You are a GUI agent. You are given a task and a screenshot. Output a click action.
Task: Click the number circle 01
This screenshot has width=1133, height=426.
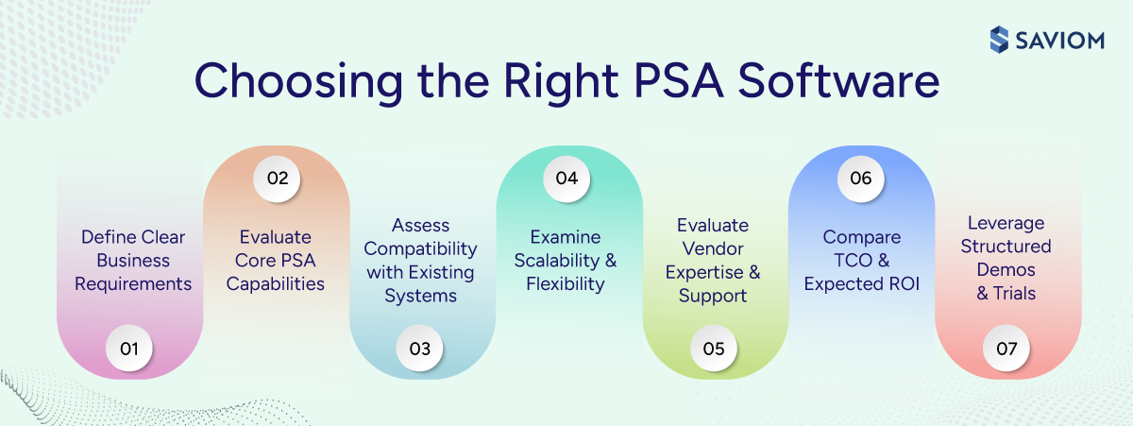(129, 349)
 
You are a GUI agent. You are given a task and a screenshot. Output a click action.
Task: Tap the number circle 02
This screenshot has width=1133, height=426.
(276, 178)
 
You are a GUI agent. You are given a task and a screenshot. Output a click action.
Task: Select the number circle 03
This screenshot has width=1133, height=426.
(421, 349)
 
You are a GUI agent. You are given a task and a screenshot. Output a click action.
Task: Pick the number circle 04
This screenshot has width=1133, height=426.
(567, 178)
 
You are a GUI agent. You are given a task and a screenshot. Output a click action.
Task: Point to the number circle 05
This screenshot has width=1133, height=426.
(714, 349)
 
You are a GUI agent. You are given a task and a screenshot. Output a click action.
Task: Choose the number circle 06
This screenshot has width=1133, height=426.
(860, 178)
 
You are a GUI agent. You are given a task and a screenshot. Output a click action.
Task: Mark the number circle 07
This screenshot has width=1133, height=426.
(1006, 349)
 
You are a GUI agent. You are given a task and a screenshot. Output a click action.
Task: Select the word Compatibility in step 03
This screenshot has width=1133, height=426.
(421, 248)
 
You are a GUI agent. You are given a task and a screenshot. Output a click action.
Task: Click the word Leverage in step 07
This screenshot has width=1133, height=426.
(1006, 224)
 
